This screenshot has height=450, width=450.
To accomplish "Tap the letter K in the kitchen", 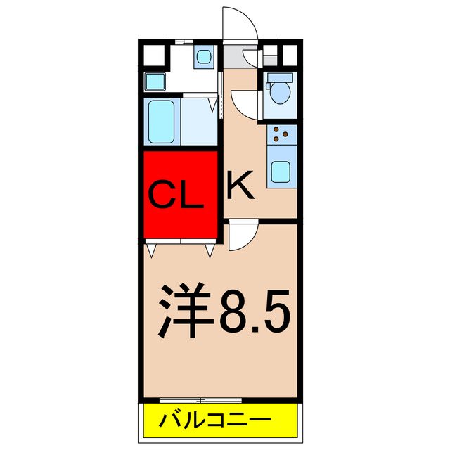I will tap(240, 186).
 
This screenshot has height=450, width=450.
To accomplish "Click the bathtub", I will tap(162, 121).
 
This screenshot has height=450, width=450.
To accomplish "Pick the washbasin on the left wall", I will tap(155, 81).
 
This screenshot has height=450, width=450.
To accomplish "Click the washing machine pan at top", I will tap(205, 56).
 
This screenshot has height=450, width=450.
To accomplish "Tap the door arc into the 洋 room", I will tap(243, 235).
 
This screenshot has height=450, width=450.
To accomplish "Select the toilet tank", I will tap(280, 77).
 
